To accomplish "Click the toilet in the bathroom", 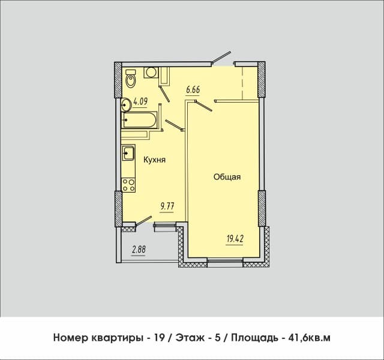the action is pyautogui.click(x=131, y=78).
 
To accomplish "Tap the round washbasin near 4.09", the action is pyautogui.click(x=127, y=105).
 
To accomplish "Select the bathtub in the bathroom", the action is pyautogui.click(x=139, y=120).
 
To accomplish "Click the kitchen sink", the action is pyautogui.click(x=128, y=152).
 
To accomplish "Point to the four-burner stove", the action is pyautogui.click(x=128, y=185).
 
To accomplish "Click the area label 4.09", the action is pyautogui.click(x=140, y=101).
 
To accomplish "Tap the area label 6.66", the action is pyautogui.click(x=193, y=90).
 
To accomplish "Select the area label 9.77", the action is pyautogui.click(x=167, y=206).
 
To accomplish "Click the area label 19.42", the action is pyautogui.click(x=235, y=239).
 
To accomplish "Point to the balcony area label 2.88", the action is pyautogui.click(x=139, y=250).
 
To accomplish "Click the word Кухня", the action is pyautogui.click(x=154, y=160).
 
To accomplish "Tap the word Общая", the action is pyautogui.click(x=227, y=177).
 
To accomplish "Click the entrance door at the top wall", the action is pyautogui.click(x=221, y=57).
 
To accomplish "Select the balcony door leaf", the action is pyautogui.click(x=143, y=220).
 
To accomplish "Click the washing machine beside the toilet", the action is pyautogui.click(x=151, y=73).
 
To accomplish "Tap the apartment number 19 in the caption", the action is pyautogui.click(x=158, y=338).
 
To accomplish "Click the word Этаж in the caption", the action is pyautogui.click(x=190, y=338).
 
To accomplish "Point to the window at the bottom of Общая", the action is pyautogui.click(x=226, y=261).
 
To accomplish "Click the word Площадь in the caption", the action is pyautogui.click(x=254, y=338).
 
